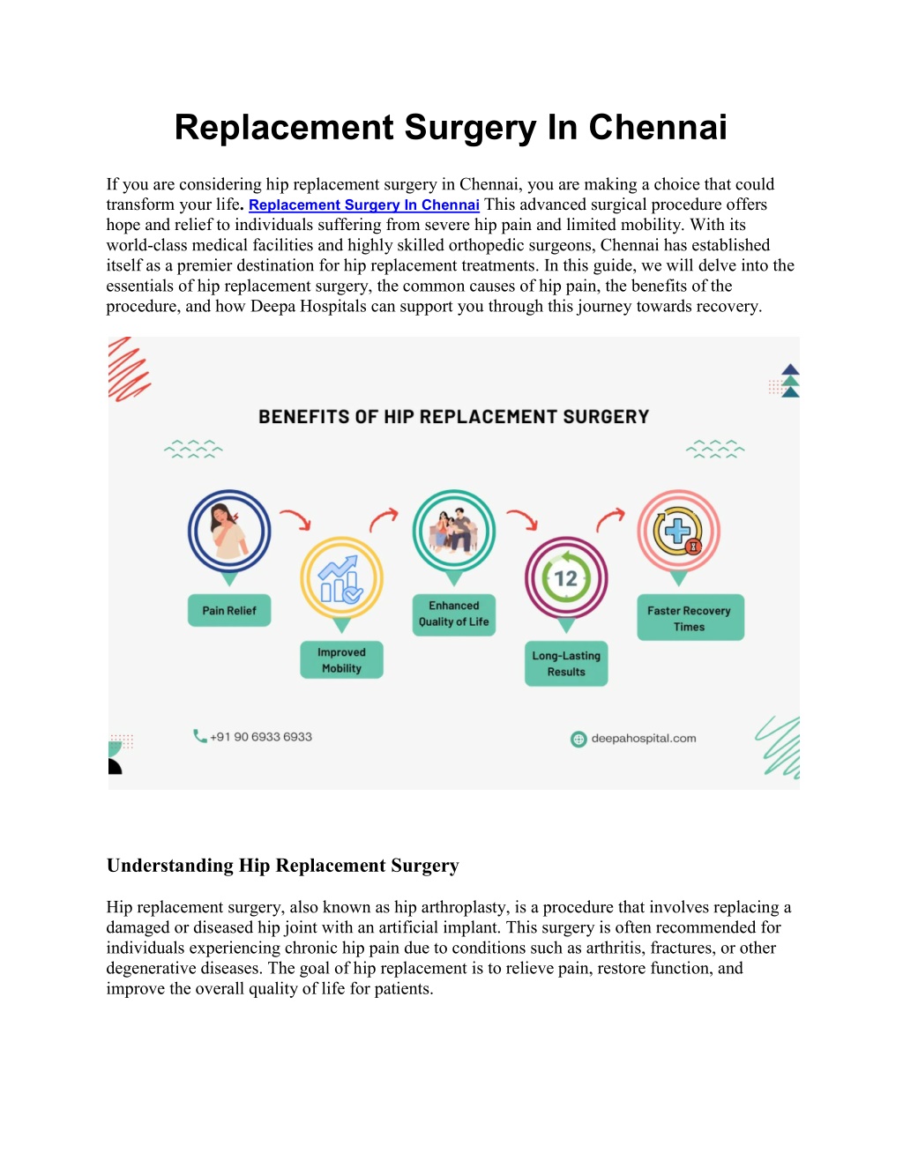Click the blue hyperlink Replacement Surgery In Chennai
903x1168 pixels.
click(x=364, y=205)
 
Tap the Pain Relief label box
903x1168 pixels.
click(x=229, y=610)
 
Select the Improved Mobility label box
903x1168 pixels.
click(x=341, y=659)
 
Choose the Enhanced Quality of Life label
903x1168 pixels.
click(x=453, y=614)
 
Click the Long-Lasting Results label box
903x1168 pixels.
click(x=566, y=663)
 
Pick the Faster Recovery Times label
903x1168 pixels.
click(x=690, y=617)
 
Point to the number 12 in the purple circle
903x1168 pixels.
click(x=565, y=579)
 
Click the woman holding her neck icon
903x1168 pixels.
click(x=228, y=531)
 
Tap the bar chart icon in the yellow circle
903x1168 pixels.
click(x=340, y=579)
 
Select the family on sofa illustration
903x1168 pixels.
click(x=453, y=530)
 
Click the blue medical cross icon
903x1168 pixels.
click(x=677, y=531)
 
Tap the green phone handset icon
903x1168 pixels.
click(x=200, y=736)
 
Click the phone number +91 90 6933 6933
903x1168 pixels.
click(x=261, y=737)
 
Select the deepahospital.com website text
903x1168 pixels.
click(x=644, y=739)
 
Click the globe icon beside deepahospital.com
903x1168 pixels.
click(x=578, y=740)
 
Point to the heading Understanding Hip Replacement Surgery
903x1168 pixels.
click(x=283, y=866)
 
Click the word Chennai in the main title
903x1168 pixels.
click(x=658, y=128)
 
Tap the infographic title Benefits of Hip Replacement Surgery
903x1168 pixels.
click(x=453, y=417)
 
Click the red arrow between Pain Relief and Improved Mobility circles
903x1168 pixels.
click(x=296, y=518)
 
